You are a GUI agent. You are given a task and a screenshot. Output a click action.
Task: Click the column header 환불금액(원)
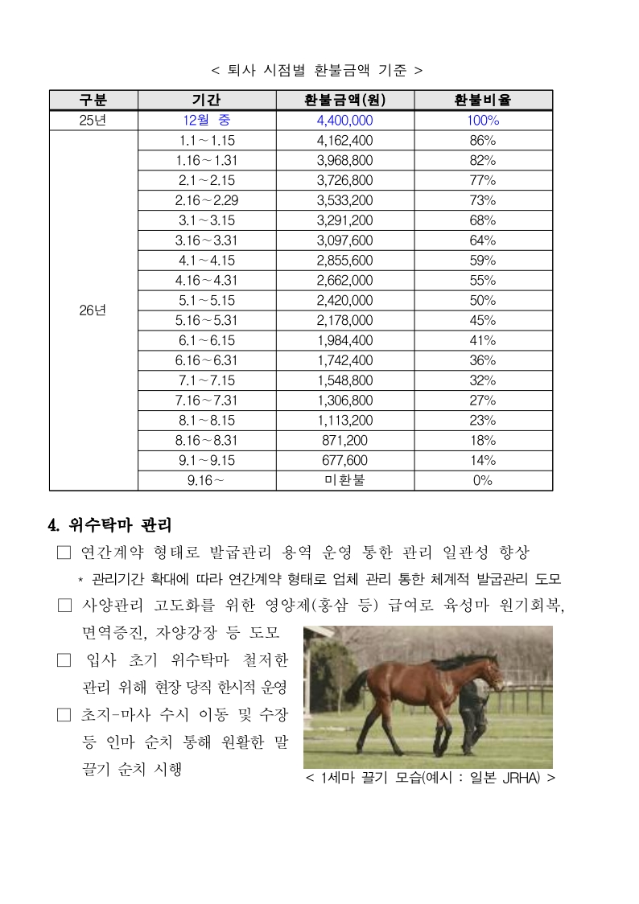(x=344, y=101)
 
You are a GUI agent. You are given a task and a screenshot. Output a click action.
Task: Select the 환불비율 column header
(x=483, y=101)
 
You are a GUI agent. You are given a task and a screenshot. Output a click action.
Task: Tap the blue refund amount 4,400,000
(x=344, y=121)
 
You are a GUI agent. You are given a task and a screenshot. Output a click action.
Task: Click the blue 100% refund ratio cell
(x=483, y=121)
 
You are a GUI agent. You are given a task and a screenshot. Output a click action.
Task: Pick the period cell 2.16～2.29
(x=207, y=200)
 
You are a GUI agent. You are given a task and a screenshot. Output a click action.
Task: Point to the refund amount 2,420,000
(x=344, y=300)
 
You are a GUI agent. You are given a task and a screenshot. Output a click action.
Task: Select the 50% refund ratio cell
(x=483, y=300)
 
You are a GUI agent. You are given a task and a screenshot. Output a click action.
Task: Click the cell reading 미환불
(x=344, y=480)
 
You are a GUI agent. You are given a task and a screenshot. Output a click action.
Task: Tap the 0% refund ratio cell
(x=483, y=480)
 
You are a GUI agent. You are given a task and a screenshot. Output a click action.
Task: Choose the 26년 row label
(x=93, y=310)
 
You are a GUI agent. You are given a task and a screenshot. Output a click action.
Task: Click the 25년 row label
(x=93, y=121)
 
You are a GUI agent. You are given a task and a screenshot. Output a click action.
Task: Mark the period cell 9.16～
(x=207, y=480)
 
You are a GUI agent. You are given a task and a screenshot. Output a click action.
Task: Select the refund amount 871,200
(x=344, y=440)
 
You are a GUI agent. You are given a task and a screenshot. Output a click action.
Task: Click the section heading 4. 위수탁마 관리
(x=110, y=526)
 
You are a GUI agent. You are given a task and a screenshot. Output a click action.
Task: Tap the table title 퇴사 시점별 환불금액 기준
(x=315, y=70)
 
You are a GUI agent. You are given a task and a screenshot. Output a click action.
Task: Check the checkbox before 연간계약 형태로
(x=64, y=553)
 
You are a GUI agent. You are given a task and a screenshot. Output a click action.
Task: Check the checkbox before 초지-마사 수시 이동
(x=64, y=714)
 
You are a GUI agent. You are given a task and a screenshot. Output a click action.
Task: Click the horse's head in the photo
(x=490, y=670)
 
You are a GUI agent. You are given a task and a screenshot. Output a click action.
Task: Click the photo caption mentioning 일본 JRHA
(x=431, y=779)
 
